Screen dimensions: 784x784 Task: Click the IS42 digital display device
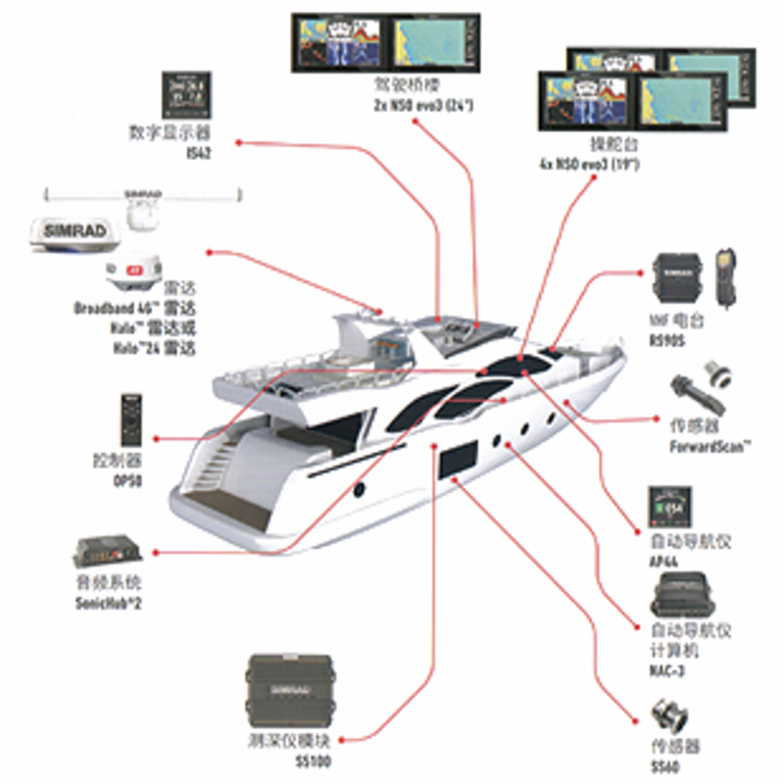pos(187,97)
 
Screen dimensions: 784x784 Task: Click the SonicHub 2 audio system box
pos(107,552)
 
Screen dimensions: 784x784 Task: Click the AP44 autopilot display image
pos(669,509)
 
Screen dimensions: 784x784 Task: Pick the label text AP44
pos(663,562)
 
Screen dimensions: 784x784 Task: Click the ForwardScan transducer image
pos(701,397)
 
